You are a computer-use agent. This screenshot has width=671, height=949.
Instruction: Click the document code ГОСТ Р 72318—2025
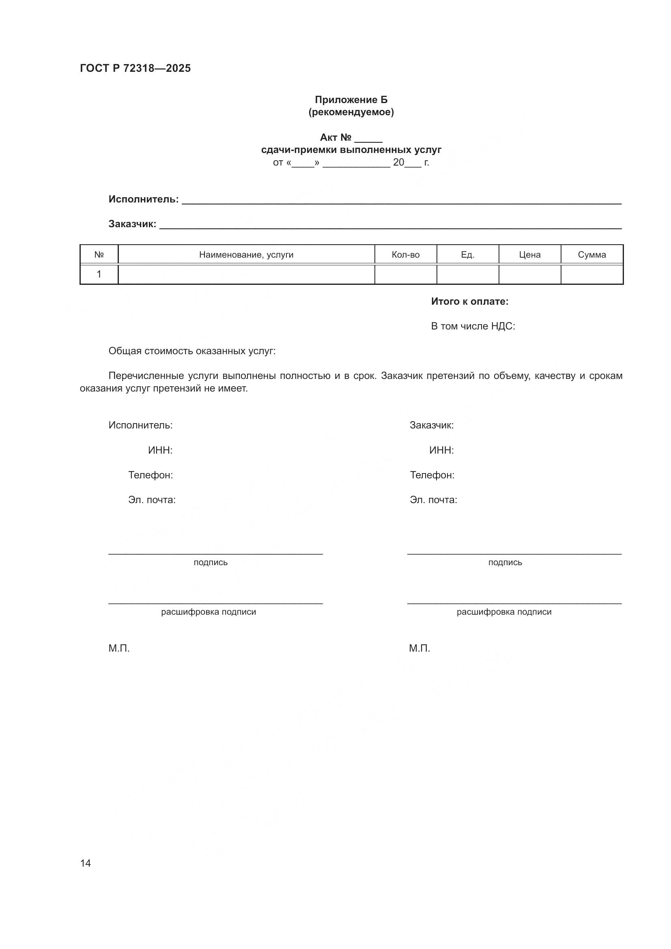click(x=135, y=68)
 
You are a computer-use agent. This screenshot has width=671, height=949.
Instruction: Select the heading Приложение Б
click(x=351, y=100)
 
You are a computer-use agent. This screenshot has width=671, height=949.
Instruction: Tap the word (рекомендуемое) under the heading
click(x=351, y=112)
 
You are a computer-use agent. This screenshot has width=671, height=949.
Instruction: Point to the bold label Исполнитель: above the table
click(x=143, y=199)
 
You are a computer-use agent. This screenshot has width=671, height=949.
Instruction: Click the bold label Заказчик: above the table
click(x=132, y=224)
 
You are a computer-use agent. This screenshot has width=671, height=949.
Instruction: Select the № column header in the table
click(x=99, y=255)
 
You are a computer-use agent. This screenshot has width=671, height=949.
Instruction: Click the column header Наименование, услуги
click(x=246, y=255)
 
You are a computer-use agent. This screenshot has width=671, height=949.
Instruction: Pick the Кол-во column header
click(x=405, y=255)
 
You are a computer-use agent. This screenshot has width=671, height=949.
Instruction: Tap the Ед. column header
click(x=467, y=255)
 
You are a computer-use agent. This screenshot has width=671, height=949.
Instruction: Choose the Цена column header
click(x=530, y=255)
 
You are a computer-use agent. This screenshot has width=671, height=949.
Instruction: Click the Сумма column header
click(x=591, y=255)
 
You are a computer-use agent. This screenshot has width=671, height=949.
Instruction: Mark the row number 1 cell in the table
click(x=99, y=274)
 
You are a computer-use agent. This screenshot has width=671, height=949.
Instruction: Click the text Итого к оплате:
click(x=469, y=302)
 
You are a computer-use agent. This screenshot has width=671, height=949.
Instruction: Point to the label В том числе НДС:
click(x=473, y=327)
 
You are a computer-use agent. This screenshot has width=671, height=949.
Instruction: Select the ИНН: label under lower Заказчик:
click(x=441, y=450)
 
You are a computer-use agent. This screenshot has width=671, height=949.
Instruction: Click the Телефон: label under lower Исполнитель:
click(x=151, y=476)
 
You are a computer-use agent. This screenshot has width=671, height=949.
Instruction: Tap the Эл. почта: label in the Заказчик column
click(x=433, y=500)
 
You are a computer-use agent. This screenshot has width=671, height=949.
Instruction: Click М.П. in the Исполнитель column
click(x=119, y=648)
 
